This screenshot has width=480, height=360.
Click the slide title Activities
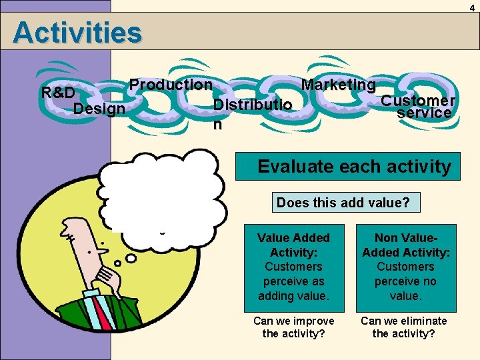click(x=77, y=33)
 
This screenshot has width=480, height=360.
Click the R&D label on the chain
click(x=58, y=92)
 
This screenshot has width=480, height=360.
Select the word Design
click(x=100, y=108)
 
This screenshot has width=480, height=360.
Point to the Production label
click(x=171, y=85)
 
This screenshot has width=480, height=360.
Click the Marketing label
click(x=339, y=85)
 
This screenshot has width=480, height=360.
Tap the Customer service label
click(x=419, y=107)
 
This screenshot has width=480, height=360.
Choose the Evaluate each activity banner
click(x=354, y=166)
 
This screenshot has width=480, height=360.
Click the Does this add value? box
click(x=347, y=202)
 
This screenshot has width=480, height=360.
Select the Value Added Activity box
click(x=293, y=267)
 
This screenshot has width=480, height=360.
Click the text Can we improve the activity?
click(x=293, y=327)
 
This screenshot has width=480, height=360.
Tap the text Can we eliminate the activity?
click(x=404, y=327)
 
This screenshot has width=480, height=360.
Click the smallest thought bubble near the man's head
click(x=131, y=258)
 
